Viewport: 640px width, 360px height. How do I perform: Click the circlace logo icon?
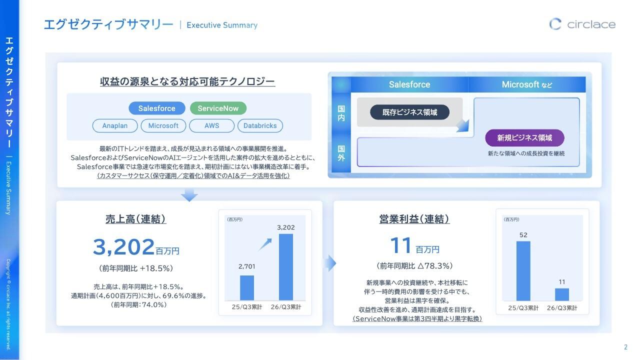(555, 24)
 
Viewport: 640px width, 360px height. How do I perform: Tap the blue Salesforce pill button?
(157, 108)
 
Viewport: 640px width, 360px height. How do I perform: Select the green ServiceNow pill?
(218, 108)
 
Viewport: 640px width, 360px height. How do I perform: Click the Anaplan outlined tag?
(115, 126)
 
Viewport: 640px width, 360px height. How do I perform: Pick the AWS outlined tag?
(211, 126)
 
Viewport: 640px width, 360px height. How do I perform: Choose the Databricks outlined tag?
(260, 126)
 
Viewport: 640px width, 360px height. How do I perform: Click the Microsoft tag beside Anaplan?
(163, 126)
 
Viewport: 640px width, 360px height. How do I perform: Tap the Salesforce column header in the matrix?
(409, 84)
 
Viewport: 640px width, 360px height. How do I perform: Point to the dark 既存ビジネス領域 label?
(409, 112)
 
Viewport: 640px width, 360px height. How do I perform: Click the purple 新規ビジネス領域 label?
(524, 137)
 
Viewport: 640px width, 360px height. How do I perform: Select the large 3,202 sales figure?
(123, 247)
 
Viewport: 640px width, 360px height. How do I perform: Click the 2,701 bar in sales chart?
(247, 287)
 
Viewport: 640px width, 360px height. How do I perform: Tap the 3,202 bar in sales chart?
(286, 267)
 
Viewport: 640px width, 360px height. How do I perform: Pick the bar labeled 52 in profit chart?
(523, 271)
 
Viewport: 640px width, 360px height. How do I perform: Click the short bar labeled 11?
(562, 294)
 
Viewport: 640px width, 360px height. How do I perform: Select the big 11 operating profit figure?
(401, 246)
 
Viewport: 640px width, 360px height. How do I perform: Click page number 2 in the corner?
(625, 347)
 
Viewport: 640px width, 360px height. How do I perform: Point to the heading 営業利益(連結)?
(414, 219)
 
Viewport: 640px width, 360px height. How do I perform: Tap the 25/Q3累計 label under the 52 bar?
(523, 308)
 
